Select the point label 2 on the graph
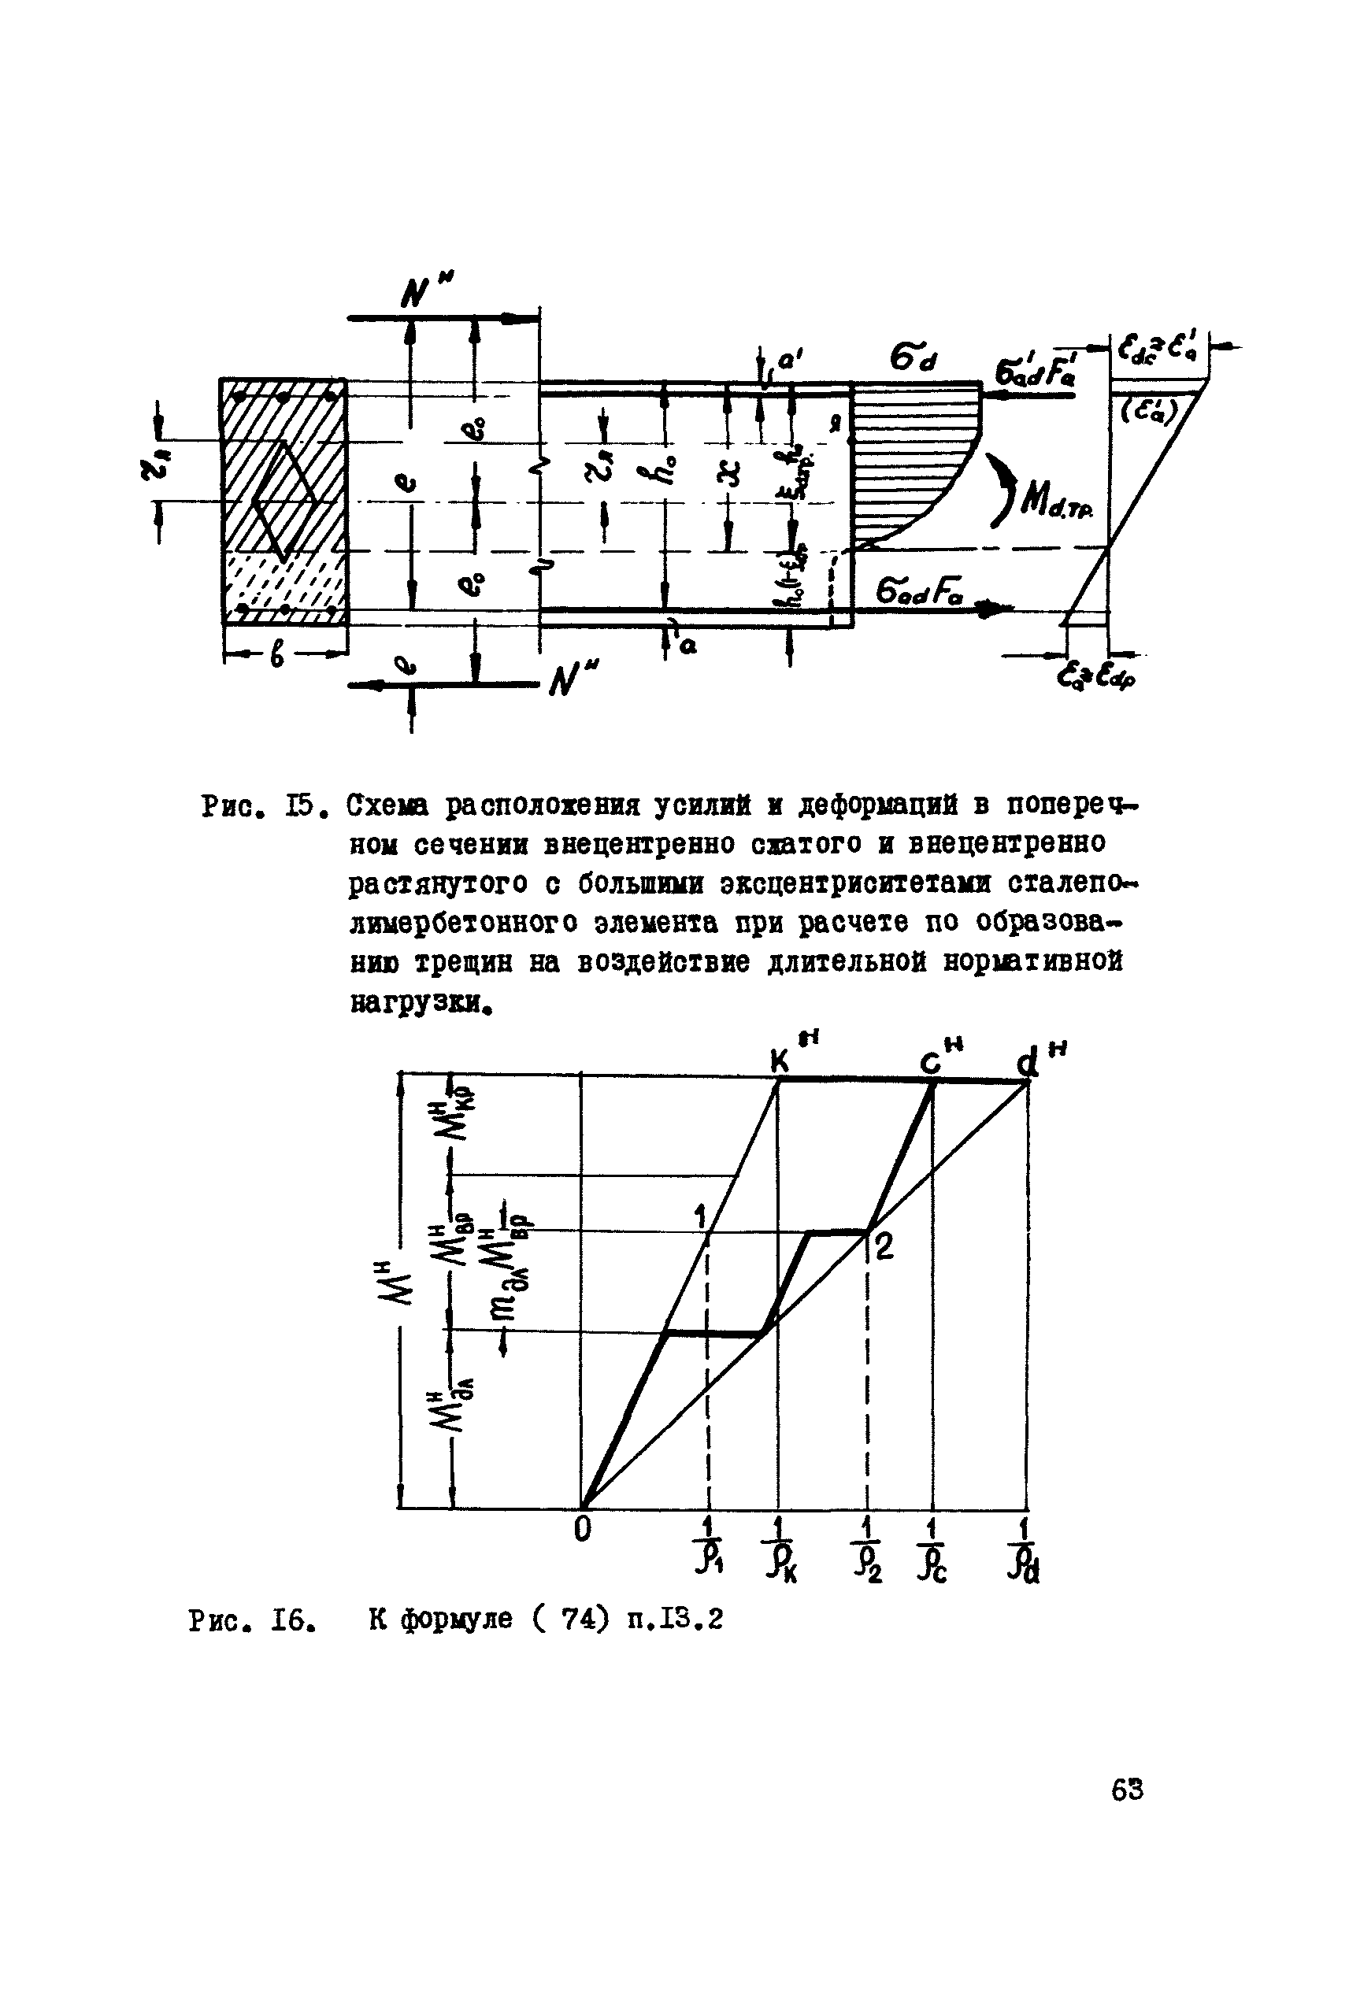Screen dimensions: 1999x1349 click(884, 1246)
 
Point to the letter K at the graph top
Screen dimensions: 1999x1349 click(779, 1062)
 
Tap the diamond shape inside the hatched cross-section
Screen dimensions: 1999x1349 click(282, 501)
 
